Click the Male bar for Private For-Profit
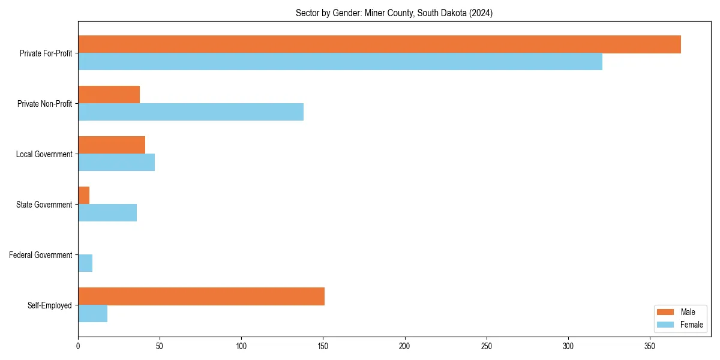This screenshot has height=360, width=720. tap(379, 44)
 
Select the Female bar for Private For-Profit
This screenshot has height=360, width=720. tap(340, 62)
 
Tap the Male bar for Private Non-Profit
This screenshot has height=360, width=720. tap(109, 95)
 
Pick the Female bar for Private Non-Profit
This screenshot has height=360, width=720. tap(191, 112)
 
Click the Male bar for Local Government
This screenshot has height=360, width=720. tap(112, 145)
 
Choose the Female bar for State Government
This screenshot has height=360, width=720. tap(107, 213)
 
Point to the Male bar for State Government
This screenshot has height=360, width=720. tap(83, 196)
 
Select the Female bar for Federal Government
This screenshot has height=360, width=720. tap(85, 263)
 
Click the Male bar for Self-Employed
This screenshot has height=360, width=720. tap(201, 296)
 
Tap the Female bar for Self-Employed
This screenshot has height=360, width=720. tap(92, 314)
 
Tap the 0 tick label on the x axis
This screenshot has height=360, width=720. tap(78, 346)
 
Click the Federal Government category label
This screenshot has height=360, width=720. tap(41, 255)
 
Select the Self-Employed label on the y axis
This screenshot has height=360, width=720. tap(50, 305)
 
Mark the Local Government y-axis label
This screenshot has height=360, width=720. tap(44, 154)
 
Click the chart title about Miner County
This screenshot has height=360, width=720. tap(394, 13)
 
